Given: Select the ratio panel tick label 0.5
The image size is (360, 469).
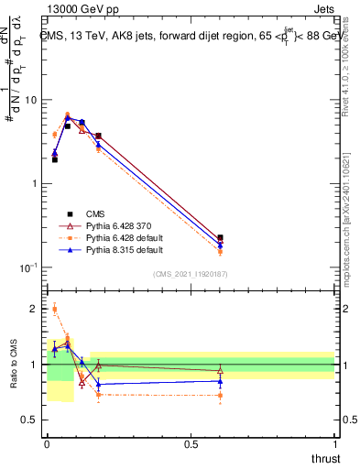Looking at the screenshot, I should [x=30, y=420].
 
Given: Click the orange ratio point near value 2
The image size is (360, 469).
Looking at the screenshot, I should [x=54, y=310].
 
